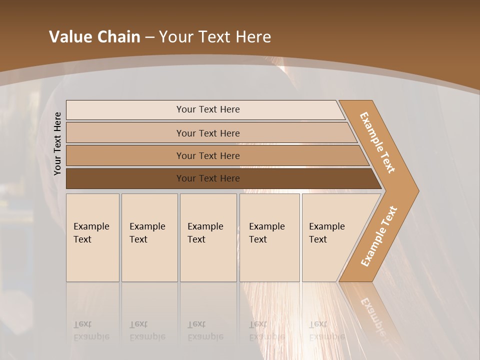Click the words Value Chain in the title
(x=94, y=37)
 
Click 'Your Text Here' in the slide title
(x=215, y=37)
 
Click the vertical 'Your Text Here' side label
(x=57, y=143)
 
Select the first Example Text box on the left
(x=92, y=237)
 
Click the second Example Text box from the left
(x=149, y=237)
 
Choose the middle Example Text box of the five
(x=208, y=237)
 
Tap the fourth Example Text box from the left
(x=269, y=237)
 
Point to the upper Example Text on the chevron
(x=377, y=142)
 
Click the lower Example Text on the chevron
(x=378, y=236)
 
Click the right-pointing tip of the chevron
(x=413, y=191)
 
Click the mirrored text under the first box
(x=91, y=330)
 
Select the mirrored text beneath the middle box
(x=205, y=330)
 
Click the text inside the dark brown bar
(x=208, y=178)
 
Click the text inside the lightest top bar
(x=208, y=109)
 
